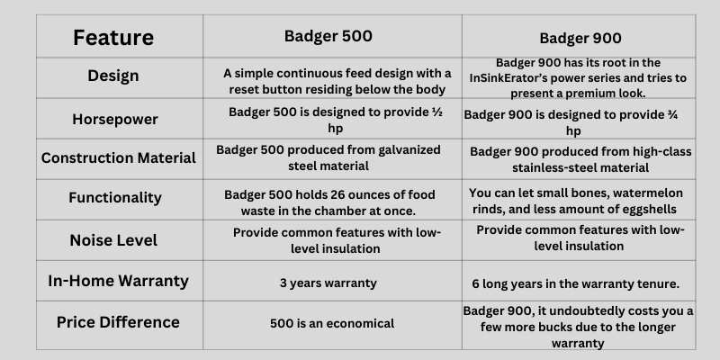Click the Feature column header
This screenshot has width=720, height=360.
(x=113, y=37)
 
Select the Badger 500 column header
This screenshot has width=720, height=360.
(x=328, y=36)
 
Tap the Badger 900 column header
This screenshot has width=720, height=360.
(x=580, y=38)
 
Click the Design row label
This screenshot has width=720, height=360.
(x=113, y=76)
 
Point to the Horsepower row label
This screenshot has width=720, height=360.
(x=115, y=120)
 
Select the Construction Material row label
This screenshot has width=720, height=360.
(x=119, y=158)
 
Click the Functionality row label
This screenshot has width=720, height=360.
(x=115, y=197)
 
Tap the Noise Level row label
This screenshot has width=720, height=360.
(x=113, y=240)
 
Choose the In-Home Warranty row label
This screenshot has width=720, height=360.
(x=118, y=281)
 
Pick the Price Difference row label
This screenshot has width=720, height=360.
(x=118, y=322)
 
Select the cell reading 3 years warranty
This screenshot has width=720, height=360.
(x=328, y=283)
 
